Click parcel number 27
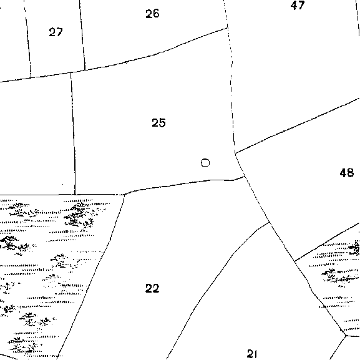click(56, 32)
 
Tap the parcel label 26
click(152, 14)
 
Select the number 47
click(298, 5)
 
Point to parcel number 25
click(158, 123)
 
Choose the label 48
click(347, 173)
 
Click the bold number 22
click(152, 288)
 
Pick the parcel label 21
click(252, 354)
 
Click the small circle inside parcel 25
click(205, 163)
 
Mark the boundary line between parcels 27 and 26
click(82, 34)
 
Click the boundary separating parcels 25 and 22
click(183, 183)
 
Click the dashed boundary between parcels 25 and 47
click(231, 90)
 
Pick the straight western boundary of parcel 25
click(73, 134)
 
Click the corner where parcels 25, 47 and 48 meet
click(235, 153)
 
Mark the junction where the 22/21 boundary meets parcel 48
click(270, 222)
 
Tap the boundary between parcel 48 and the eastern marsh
click(327, 241)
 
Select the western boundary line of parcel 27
click(27, 39)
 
